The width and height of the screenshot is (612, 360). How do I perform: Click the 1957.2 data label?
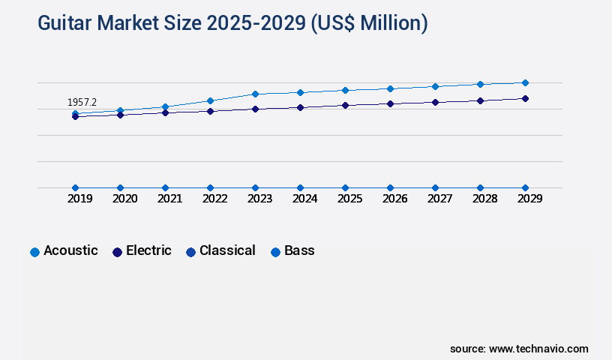click(x=82, y=102)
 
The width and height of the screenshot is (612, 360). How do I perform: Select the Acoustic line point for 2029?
click(x=525, y=82)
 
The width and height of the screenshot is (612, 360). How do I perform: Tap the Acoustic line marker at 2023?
click(x=255, y=94)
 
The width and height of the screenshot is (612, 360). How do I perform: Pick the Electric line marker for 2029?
click(x=525, y=98)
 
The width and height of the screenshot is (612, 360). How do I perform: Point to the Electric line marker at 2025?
click(x=345, y=105)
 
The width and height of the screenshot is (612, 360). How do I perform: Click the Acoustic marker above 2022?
click(x=210, y=100)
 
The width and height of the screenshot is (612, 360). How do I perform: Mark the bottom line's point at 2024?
click(x=300, y=187)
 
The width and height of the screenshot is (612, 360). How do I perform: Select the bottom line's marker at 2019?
click(x=75, y=187)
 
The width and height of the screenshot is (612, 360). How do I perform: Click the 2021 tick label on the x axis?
click(x=169, y=199)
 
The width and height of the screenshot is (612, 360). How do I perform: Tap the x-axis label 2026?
click(x=394, y=199)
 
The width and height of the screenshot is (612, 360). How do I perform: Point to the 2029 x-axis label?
click(x=529, y=199)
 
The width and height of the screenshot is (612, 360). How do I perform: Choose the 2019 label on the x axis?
click(x=79, y=199)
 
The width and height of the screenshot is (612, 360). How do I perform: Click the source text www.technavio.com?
click(x=538, y=349)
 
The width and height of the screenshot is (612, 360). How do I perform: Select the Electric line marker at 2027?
click(x=435, y=102)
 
